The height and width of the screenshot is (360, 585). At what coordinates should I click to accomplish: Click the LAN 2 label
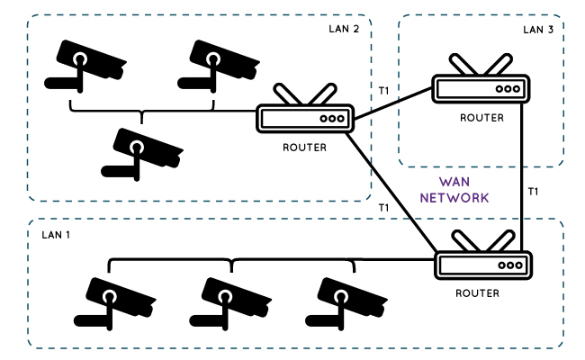[x=344, y=29]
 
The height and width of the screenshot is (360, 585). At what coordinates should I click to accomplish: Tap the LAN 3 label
[x=538, y=29]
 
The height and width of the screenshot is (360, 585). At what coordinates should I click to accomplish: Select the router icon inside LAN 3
[x=481, y=87]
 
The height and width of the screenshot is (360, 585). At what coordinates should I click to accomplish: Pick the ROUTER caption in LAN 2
[x=304, y=148]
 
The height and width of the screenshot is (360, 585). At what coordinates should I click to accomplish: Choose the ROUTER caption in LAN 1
[x=477, y=294]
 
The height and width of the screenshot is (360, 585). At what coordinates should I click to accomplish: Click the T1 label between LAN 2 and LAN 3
[x=383, y=91]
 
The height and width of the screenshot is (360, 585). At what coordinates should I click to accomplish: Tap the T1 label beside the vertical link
[x=533, y=192]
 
